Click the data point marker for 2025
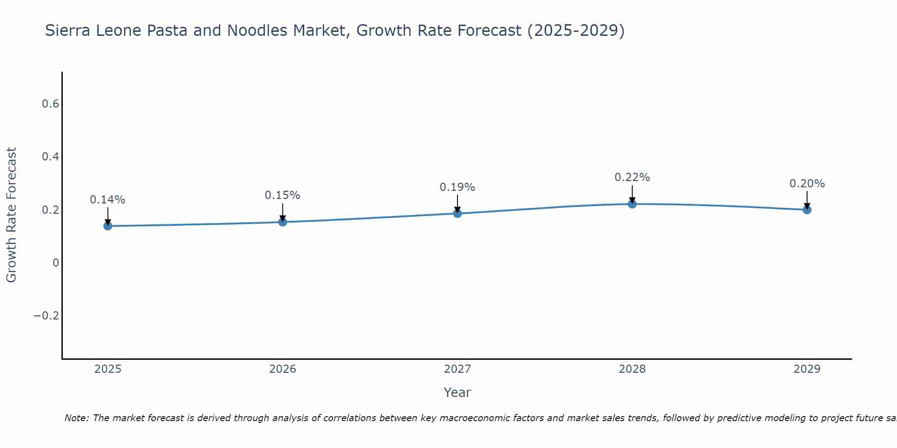pyautogui.click(x=108, y=226)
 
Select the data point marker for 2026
pyautogui.click(x=283, y=222)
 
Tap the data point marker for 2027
pyautogui.click(x=457, y=213)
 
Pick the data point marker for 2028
pyautogui.click(x=632, y=204)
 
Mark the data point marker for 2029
pyautogui.click(x=807, y=210)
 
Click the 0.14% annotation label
pyautogui.click(x=108, y=200)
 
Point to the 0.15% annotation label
pyautogui.click(x=283, y=195)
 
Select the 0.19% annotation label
pyautogui.click(x=457, y=187)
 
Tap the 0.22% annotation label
pyautogui.click(x=632, y=177)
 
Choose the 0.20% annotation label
pyautogui.click(x=807, y=184)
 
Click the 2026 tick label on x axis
pyautogui.click(x=283, y=369)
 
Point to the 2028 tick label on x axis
pyautogui.click(x=632, y=369)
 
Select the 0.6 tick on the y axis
pyautogui.click(x=50, y=104)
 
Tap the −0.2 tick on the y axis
pyautogui.click(x=46, y=316)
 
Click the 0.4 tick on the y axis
pyautogui.click(x=50, y=157)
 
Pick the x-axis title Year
pyautogui.click(x=457, y=392)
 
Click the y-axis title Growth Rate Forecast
pyautogui.click(x=11, y=215)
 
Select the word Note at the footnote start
pyautogui.click(x=76, y=418)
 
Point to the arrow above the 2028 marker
pyautogui.click(x=632, y=194)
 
